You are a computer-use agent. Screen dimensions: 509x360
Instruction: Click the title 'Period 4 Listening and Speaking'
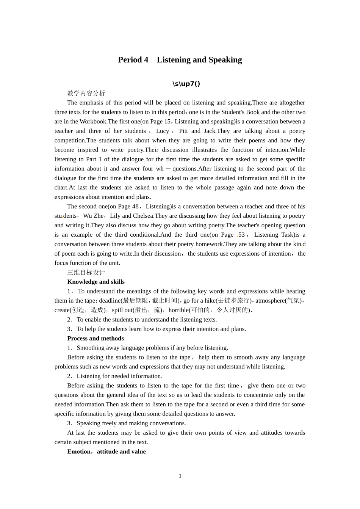point(180,60)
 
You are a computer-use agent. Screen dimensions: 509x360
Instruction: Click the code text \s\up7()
point(186,84)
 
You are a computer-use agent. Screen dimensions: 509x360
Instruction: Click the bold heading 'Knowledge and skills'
point(96,282)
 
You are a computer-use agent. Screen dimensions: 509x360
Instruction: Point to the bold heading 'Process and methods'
point(95,338)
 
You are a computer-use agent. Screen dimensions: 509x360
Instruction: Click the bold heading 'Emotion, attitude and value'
point(106,451)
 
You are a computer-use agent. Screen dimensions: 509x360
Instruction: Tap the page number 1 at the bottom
point(180,476)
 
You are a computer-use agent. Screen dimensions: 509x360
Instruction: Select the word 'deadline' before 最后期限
point(110,301)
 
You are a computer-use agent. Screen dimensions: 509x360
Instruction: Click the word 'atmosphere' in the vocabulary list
point(270,301)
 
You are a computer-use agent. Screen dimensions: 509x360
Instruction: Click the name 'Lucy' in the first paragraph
point(163,131)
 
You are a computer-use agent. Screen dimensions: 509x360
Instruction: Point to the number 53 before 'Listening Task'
point(241,235)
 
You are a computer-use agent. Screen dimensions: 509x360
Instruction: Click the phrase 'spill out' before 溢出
point(122,310)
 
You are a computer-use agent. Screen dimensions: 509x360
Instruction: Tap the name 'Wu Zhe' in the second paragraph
point(93,216)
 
